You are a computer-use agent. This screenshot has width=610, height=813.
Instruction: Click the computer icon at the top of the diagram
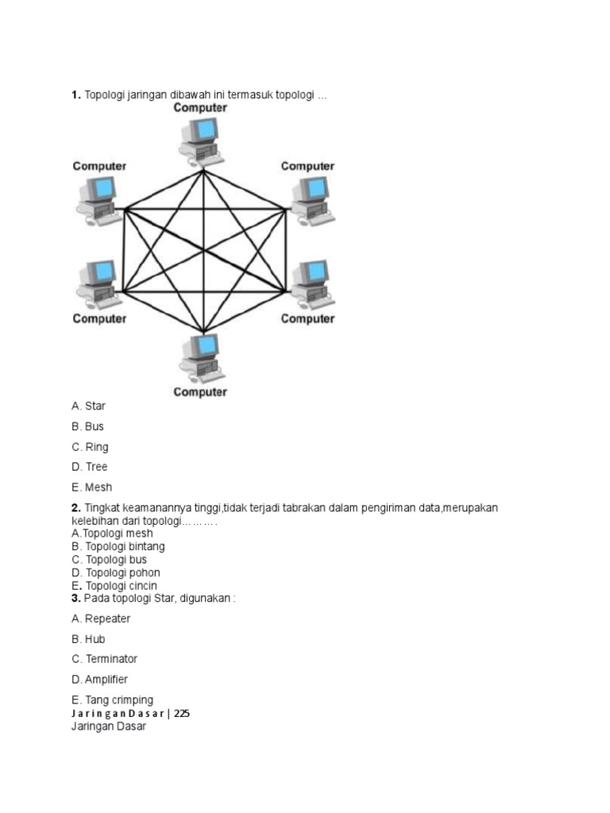(x=199, y=138)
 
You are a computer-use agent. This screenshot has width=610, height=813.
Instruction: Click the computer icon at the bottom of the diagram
(x=200, y=358)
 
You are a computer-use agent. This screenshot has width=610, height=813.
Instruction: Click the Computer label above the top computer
(x=200, y=107)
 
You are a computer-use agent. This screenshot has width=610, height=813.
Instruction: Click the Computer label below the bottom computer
(x=200, y=391)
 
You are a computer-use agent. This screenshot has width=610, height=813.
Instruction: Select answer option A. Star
(x=88, y=406)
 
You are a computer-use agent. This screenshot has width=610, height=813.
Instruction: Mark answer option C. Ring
(x=90, y=447)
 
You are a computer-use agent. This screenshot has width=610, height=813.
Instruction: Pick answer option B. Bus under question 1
(x=87, y=426)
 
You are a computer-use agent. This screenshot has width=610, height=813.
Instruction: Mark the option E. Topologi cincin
(x=114, y=586)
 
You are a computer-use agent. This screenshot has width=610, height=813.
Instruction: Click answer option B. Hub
(x=88, y=639)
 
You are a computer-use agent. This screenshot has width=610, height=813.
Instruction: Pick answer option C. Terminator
(x=104, y=659)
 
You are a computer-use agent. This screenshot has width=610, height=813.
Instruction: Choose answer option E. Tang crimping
(x=112, y=700)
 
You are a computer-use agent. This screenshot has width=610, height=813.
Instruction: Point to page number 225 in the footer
(x=182, y=713)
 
